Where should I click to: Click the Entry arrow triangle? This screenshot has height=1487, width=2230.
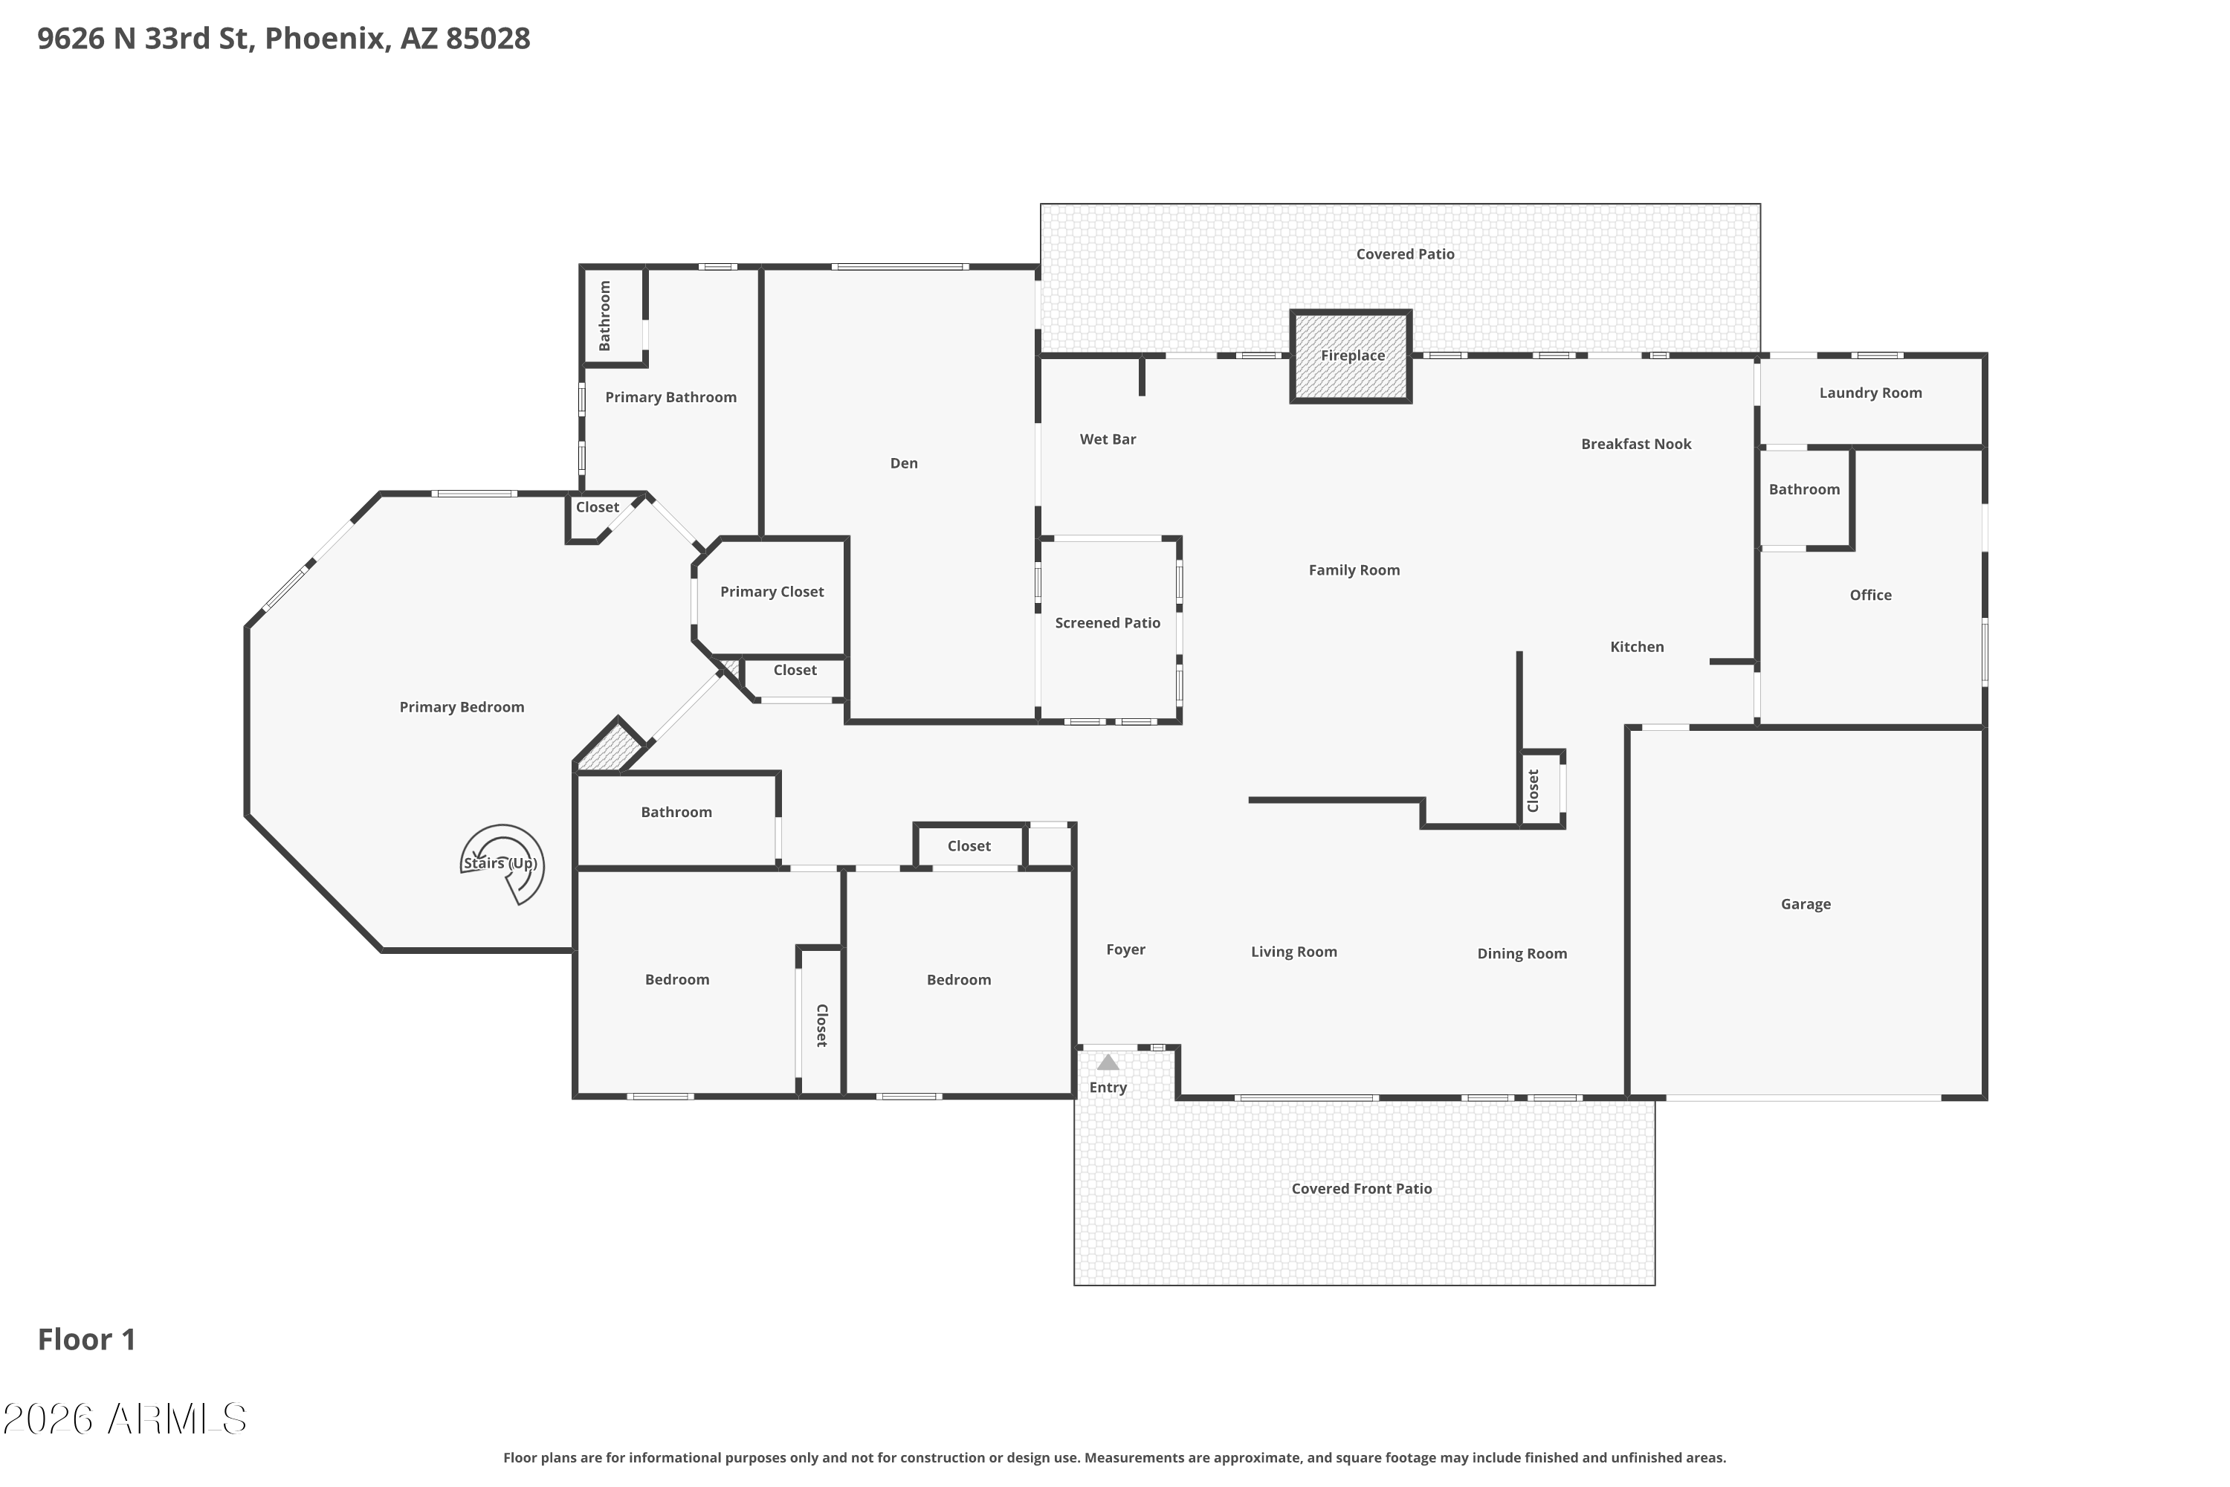pos(1108,1062)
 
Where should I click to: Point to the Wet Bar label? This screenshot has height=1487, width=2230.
pos(1108,439)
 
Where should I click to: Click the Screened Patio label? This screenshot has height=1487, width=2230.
pos(1108,623)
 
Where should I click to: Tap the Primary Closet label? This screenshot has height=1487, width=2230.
pos(772,592)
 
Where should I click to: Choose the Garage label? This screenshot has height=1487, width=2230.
pos(1806,905)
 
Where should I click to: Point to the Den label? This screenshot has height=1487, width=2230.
pos(904,462)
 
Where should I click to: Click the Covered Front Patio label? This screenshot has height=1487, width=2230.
pos(1362,1188)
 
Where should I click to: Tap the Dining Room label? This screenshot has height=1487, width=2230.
pos(1522,954)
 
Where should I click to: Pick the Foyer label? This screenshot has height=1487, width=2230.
pos(1125,949)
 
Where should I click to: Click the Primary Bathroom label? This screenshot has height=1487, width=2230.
pos(670,397)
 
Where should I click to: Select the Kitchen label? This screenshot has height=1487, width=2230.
pos(1637,647)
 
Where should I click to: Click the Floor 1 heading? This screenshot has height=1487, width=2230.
pos(86,1339)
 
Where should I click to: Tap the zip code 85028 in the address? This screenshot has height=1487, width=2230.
pos(488,38)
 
